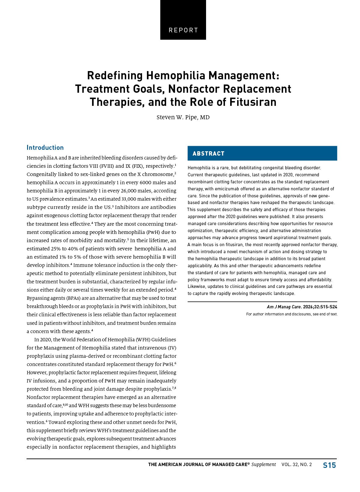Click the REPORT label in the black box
[x=183, y=30]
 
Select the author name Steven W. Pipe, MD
[x=183, y=117]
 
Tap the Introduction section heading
[x=45, y=148]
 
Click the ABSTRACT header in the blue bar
[x=209, y=153]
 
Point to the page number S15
[x=329, y=465]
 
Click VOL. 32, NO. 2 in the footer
[x=297, y=465]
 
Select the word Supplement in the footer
[x=264, y=465]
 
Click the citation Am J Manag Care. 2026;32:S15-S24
[x=302, y=307]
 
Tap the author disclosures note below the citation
[x=292, y=314]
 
